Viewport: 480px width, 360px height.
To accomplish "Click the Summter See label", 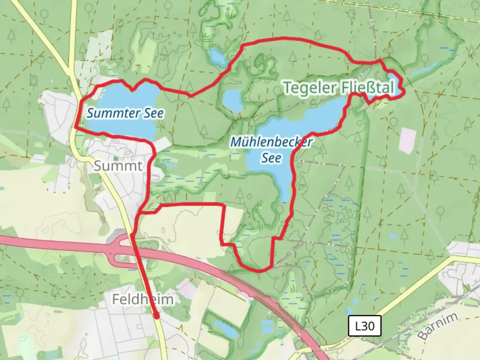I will tap(125, 113).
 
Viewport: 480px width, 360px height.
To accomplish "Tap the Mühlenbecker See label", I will tap(271, 150).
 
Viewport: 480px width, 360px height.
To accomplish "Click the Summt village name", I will tap(118, 166).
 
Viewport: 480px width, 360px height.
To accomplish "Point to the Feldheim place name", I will tap(143, 299).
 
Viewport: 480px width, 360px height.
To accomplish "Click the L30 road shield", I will tap(365, 326).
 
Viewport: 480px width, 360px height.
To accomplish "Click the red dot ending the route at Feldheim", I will tap(156, 316).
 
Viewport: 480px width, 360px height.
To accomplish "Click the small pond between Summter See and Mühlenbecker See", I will tap(233, 100).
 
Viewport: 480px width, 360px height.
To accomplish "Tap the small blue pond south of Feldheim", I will tap(225, 328).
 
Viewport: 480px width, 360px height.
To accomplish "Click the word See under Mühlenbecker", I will tap(271, 158).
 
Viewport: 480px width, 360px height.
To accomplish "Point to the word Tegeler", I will tap(310, 88).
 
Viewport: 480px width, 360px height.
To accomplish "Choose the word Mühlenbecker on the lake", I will tap(271, 142).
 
